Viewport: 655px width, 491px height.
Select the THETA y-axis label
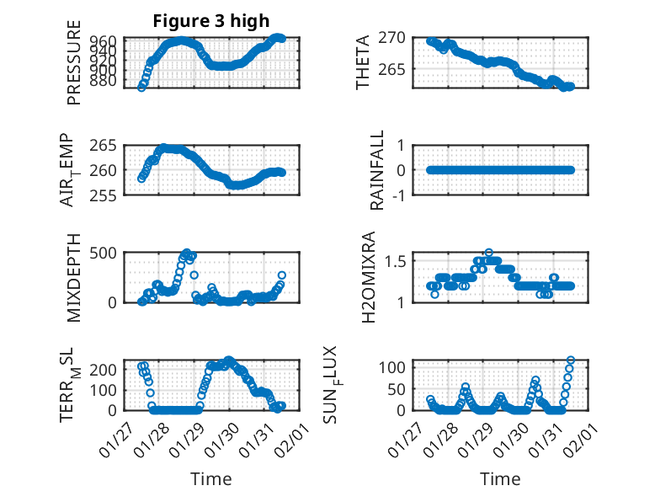tap(363, 62)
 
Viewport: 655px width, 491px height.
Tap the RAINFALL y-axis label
tap(378, 170)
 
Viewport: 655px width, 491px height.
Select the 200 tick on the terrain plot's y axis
tap(104, 369)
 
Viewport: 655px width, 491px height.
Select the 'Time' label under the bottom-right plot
tap(500, 478)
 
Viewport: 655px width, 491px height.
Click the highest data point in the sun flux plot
tap(571, 360)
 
